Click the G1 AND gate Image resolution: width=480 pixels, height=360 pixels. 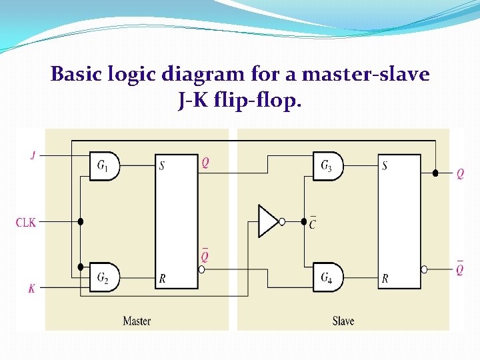click(x=105, y=165)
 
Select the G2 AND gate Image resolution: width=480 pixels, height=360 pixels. click(x=105, y=277)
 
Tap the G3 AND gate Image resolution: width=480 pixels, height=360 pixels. click(x=328, y=165)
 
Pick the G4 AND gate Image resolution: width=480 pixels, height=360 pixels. click(x=328, y=277)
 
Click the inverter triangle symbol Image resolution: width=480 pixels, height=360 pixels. click(x=268, y=221)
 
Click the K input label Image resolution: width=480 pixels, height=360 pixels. click(x=32, y=288)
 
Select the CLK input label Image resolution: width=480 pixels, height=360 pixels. click(x=26, y=222)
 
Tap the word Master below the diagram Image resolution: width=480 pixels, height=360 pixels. click(x=137, y=321)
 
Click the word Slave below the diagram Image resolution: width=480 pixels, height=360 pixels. click(x=343, y=321)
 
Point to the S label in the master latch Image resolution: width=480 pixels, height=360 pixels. click(x=161, y=165)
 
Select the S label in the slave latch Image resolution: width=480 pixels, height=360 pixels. click(x=385, y=165)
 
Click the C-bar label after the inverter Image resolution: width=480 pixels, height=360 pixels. click(x=312, y=224)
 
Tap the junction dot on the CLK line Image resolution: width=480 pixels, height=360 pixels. click(x=80, y=221)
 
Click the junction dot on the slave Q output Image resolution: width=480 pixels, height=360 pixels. click(x=435, y=173)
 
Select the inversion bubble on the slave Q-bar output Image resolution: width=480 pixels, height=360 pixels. click(x=424, y=269)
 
